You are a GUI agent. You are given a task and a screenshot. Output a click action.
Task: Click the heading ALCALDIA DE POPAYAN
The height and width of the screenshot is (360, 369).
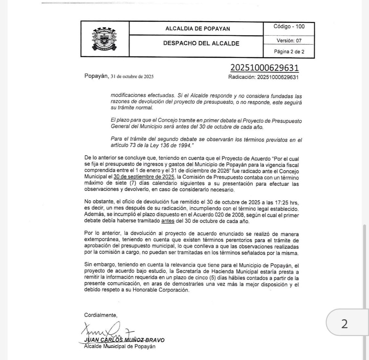pos(197,29)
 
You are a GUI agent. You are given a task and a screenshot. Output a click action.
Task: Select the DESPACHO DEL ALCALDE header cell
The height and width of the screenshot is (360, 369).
pos(201,43)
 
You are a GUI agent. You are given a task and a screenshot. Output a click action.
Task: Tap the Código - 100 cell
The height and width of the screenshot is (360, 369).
pos(289,27)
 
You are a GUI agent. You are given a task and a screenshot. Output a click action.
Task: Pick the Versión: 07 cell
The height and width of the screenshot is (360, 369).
pos(289,41)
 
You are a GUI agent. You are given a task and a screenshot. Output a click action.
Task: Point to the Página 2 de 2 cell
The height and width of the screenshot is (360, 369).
pos(289,52)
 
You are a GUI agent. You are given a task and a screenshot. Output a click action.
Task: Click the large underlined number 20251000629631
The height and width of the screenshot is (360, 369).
pos(264,68)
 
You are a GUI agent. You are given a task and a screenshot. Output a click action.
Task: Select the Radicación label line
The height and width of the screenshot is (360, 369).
pos(263,77)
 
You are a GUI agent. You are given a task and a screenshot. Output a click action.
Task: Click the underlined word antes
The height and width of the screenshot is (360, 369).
pos(168,221)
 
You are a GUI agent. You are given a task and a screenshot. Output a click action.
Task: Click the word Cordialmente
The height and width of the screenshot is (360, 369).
pos(100,315)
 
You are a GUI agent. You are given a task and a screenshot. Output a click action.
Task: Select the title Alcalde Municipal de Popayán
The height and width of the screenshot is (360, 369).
pos(120,346)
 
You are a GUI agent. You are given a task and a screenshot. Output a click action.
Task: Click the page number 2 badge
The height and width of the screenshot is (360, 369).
pos(344,324)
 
